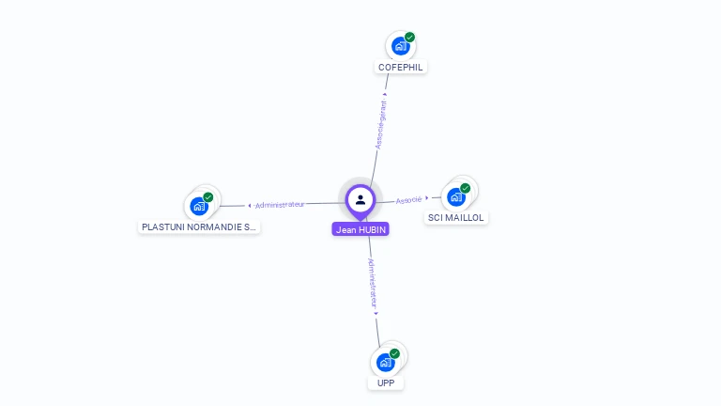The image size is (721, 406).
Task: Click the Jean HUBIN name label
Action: pyautogui.click(x=360, y=229)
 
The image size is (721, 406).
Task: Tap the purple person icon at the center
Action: pyautogui.click(x=360, y=199)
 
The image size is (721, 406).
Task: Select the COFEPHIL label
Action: pyautogui.click(x=401, y=68)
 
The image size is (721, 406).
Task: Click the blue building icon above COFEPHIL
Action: pyautogui.click(x=401, y=46)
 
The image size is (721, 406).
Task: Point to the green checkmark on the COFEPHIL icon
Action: pyautogui.click(x=410, y=38)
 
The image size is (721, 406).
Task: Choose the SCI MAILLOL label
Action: pyautogui.click(x=456, y=218)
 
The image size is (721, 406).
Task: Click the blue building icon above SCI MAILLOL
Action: pyautogui.click(x=456, y=196)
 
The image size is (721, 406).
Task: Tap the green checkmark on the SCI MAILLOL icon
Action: pyautogui.click(x=466, y=188)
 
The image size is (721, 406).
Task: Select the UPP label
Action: pyautogui.click(x=386, y=383)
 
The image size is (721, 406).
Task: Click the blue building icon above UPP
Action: pyautogui.click(x=385, y=362)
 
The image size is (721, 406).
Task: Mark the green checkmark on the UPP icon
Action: pyautogui.click(x=394, y=353)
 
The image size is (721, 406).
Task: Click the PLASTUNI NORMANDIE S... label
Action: pyautogui.click(x=198, y=227)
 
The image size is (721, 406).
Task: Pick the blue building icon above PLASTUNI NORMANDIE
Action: pyautogui.click(x=199, y=206)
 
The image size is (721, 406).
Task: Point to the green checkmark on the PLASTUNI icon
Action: pyautogui.click(x=208, y=197)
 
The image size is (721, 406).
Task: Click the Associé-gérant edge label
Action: pyautogui.click(x=380, y=125)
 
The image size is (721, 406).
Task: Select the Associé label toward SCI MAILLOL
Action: pyautogui.click(x=408, y=200)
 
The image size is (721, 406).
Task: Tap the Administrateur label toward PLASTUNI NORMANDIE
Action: pyautogui.click(x=280, y=204)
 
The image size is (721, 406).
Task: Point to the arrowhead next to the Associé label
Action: pyautogui.click(x=427, y=198)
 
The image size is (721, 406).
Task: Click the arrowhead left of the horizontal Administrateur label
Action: pyautogui.click(x=250, y=205)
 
